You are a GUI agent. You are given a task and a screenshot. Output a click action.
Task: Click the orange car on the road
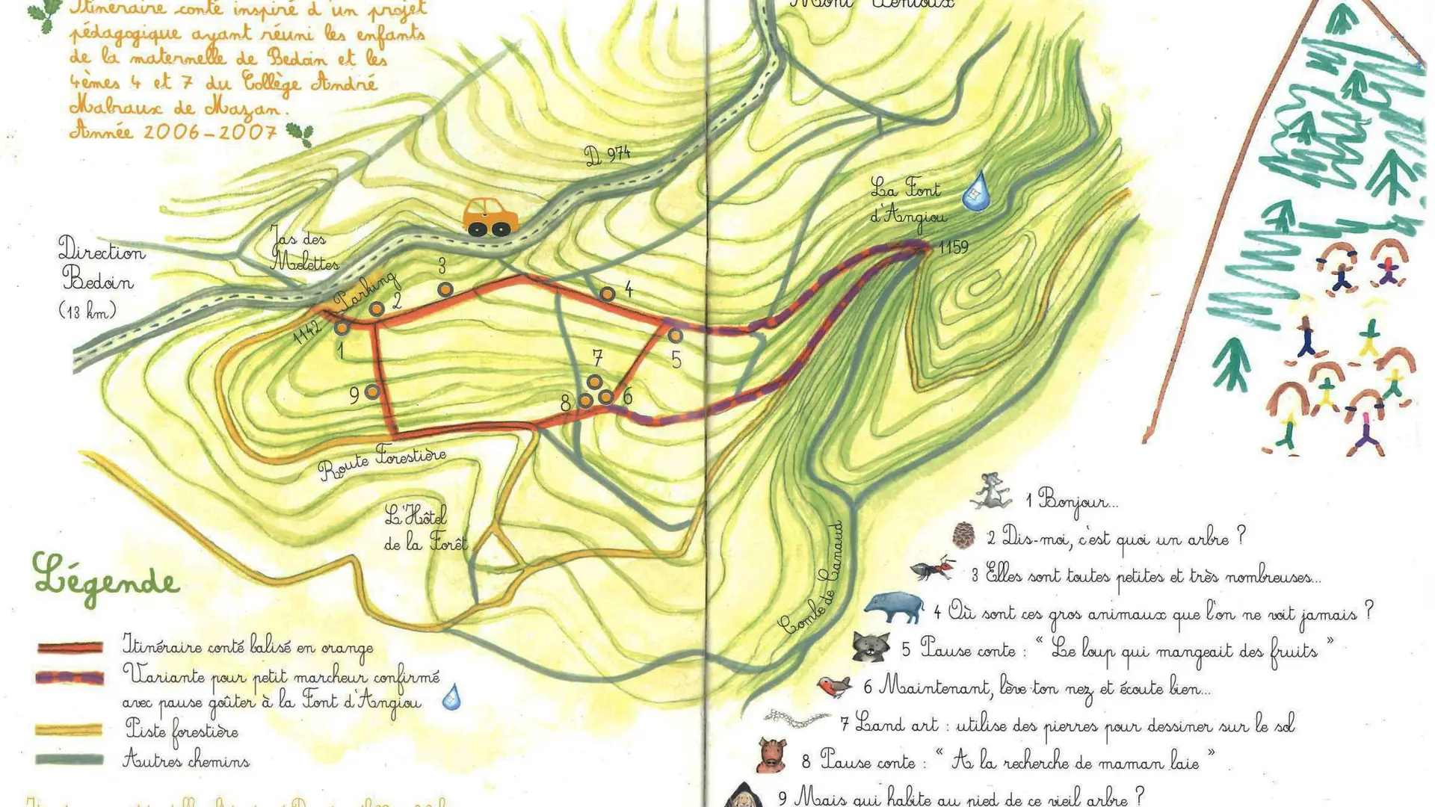490,217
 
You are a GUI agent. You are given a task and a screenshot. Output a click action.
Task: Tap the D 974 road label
607,155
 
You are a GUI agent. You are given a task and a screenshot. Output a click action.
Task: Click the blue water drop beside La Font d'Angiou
975,191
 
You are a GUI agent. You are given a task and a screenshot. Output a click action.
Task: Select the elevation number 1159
953,247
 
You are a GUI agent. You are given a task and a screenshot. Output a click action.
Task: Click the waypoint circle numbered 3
445,289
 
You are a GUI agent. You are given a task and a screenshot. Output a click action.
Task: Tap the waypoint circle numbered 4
608,294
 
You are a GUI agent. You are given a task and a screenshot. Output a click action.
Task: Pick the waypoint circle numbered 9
371,392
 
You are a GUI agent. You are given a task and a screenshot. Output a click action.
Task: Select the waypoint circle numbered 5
675,336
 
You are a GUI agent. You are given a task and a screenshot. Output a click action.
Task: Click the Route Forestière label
382,463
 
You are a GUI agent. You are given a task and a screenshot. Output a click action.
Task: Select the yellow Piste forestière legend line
69,729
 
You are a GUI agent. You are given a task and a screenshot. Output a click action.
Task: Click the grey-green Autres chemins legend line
69,759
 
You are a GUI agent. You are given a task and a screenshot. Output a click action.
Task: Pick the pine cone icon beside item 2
964,535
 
